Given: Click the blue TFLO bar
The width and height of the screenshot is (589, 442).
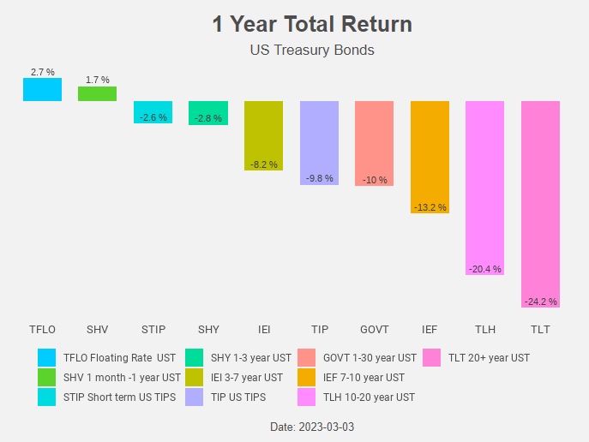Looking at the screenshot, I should pos(42,89).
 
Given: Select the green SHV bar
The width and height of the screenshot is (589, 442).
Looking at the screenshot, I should pos(97,93).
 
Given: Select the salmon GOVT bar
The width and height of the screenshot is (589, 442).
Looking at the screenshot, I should pos(374,142).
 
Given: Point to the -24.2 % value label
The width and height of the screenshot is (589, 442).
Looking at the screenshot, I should pos(540,302).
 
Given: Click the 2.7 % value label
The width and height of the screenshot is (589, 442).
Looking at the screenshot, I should pos(42,73).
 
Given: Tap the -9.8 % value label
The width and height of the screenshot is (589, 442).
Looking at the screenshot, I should pos(319,179).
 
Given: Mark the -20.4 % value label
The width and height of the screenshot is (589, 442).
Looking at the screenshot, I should pos(484,269).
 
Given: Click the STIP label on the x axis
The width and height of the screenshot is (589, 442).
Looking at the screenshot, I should pos(153,329).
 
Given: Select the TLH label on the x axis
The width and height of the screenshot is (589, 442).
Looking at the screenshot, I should pos(484,329).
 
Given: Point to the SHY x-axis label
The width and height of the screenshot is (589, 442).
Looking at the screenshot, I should pos(208,329).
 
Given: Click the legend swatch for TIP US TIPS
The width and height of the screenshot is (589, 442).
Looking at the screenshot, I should pos(195,397).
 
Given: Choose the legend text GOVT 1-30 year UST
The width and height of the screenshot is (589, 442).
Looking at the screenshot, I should pos(370,357).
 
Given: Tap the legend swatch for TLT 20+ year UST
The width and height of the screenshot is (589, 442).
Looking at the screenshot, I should pos(431,357).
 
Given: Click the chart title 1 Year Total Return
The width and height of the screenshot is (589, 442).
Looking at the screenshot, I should pos(312,24).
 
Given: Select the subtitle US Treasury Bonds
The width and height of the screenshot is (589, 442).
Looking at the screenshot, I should pos(312,50).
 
